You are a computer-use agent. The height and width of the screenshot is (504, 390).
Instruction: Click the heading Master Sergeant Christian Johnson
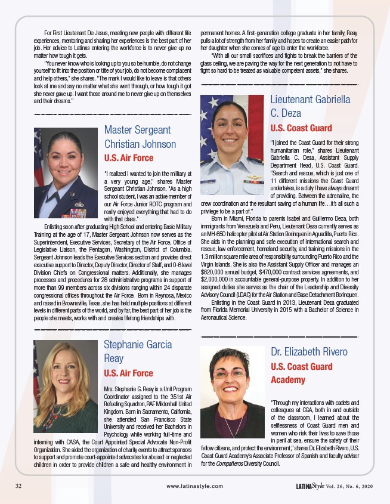pos(140,137)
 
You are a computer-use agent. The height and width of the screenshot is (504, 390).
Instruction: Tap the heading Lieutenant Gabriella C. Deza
pos(310,106)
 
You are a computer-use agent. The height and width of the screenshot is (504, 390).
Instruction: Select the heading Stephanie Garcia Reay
pos(138,351)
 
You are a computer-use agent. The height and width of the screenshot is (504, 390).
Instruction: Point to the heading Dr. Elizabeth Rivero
pos(309,351)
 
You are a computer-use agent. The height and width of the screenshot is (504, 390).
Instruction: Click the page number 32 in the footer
pos(19,486)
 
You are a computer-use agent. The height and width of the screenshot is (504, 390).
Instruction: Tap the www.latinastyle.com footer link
pos(195,486)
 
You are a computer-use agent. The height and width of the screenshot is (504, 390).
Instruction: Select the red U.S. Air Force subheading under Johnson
pos(128,158)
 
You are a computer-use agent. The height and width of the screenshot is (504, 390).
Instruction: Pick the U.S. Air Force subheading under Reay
pos(128,373)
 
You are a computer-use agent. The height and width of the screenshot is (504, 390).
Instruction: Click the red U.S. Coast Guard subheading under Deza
pos(301,128)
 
